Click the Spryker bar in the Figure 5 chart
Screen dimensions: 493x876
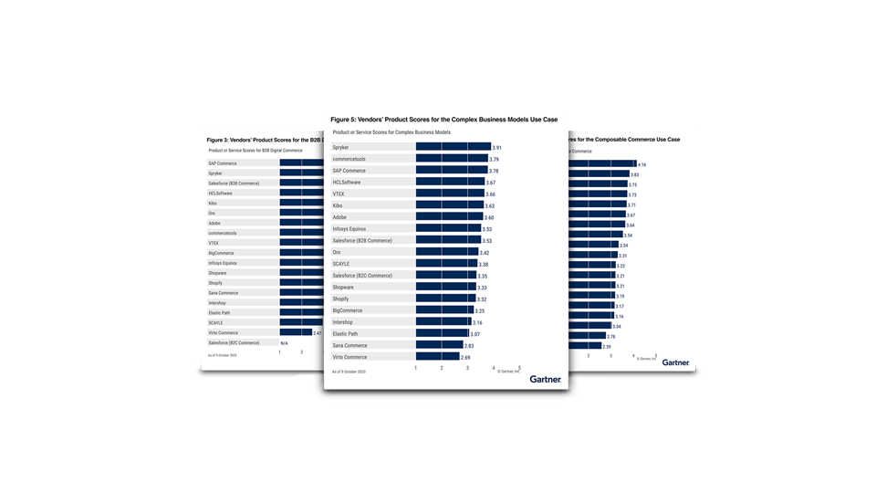click(453, 147)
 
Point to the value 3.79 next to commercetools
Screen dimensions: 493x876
click(494, 159)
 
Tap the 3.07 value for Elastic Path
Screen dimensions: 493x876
click(474, 334)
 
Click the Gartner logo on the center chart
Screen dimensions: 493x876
click(546, 379)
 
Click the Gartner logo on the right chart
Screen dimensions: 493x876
click(675, 362)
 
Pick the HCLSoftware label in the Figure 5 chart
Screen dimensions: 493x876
click(348, 183)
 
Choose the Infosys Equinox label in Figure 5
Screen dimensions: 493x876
click(352, 229)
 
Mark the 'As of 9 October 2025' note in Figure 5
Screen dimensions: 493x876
click(349, 372)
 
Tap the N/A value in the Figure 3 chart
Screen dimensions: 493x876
click(284, 342)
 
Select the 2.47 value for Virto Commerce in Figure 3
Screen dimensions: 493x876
click(318, 332)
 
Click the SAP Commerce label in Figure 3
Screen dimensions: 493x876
click(223, 163)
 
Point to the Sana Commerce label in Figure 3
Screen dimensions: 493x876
click(223, 292)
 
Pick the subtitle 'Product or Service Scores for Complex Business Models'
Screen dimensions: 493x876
click(391, 132)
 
